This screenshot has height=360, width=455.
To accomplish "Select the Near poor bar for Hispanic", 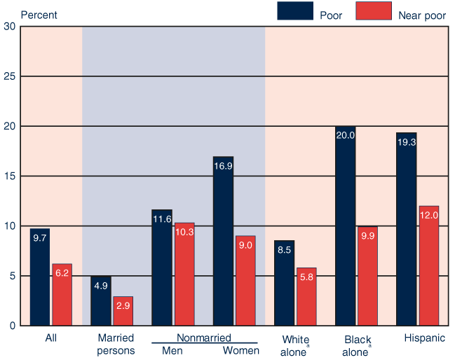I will [x=429, y=266].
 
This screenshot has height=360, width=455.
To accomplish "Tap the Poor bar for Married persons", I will [x=100, y=301].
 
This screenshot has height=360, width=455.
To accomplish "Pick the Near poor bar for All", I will [x=62, y=295].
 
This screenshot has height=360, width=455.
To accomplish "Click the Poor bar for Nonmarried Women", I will [x=223, y=242].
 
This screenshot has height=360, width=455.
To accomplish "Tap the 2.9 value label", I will [x=123, y=305].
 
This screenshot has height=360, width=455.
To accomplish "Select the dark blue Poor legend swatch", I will [x=296, y=11].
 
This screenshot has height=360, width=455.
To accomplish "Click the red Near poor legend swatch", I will [x=374, y=11].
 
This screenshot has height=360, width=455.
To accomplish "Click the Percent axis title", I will [x=39, y=15].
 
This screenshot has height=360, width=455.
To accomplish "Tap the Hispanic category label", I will [x=424, y=338].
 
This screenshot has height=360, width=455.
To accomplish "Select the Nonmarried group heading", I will [x=203, y=338].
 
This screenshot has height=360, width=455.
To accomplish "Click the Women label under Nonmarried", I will [x=240, y=350].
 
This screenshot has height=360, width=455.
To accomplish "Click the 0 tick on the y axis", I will [x=12, y=326].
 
